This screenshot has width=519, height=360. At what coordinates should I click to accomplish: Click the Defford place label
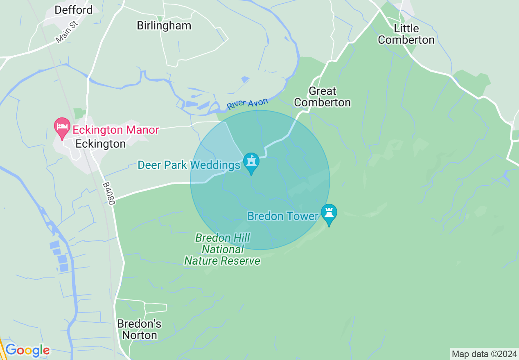74,10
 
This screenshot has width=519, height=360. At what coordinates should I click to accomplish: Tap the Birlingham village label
164,25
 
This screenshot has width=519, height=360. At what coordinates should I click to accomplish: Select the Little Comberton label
406,34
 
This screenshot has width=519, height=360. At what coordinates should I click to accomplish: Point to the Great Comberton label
323,97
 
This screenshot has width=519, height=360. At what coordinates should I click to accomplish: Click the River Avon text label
247,104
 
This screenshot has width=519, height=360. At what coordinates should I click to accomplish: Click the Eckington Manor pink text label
115,130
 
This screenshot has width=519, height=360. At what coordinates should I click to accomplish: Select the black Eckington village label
101,144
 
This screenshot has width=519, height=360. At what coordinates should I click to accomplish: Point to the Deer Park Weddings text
189,165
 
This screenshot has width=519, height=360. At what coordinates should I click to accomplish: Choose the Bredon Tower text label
283,216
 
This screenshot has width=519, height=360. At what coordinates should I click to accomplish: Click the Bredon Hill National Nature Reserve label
222,249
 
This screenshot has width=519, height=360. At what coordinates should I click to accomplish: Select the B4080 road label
109,193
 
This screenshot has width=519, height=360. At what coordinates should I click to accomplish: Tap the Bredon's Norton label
140,329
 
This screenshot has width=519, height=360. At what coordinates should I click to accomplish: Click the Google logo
27,350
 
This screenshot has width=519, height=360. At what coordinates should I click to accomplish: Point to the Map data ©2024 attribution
484,354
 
